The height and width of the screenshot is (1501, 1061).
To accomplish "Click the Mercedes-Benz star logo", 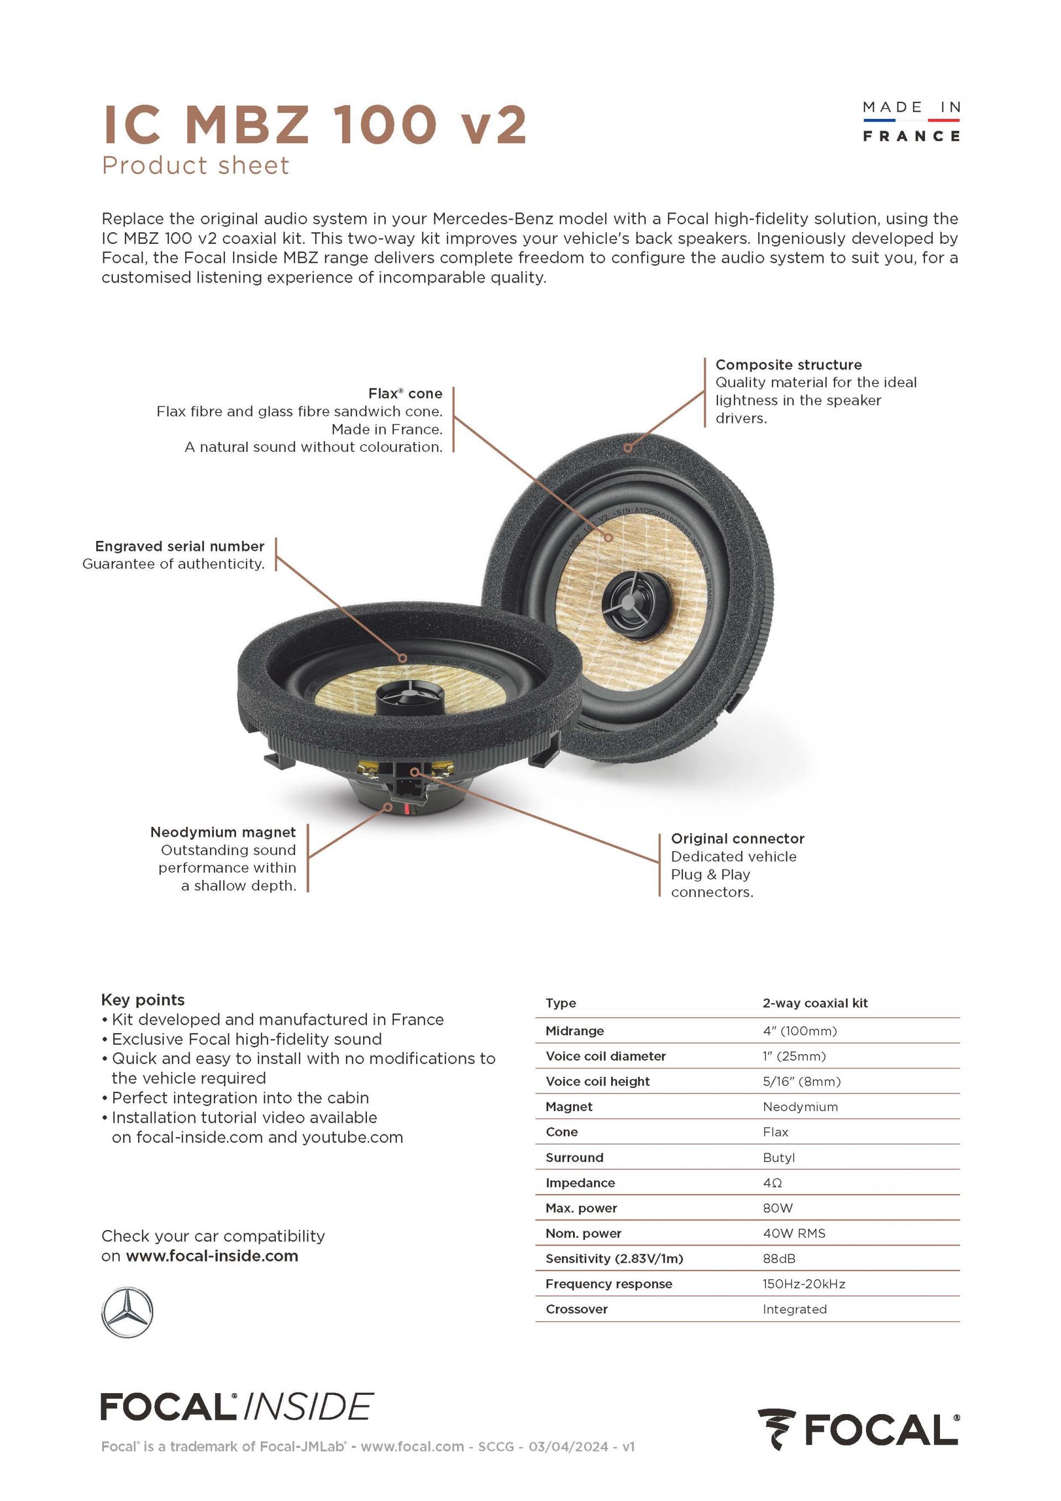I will (x=128, y=1312).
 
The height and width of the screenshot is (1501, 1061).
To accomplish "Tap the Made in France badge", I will (x=911, y=122).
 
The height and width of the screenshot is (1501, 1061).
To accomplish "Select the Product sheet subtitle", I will (x=195, y=165).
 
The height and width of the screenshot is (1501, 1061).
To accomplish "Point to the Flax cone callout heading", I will (x=405, y=394).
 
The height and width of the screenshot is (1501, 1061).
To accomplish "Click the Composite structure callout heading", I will (x=788, y=365).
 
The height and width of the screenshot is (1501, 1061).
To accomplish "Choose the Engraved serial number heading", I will (x=180, y=546).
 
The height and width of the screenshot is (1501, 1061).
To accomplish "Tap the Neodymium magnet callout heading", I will (x=223, y=832).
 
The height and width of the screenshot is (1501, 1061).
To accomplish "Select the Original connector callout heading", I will (x=737, y=839).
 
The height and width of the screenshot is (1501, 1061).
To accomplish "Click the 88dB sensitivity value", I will (x=779, y=1258).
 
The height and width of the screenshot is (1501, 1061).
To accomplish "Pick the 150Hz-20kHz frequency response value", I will (x=803, y=1284).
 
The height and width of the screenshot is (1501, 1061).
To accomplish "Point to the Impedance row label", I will (x=580, y=1182).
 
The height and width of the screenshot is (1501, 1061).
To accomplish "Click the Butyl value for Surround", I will (x=778, y=1157).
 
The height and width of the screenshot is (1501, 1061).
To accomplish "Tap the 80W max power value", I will (x=778, y=1208).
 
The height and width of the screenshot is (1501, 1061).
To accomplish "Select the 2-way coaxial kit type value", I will (x=815, y=1003).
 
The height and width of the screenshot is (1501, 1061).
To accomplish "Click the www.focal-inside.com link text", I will (x=212, y=1256).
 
